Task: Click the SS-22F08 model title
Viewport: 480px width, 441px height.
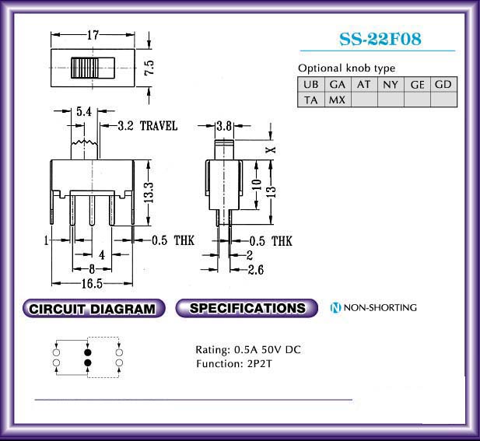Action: pyautogui.click(x=380, y=39)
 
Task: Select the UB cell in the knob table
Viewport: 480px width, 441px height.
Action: pyautogui.click(x=311, y=84)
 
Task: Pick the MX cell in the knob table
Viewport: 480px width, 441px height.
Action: pyautogui.click(x=338, y=100)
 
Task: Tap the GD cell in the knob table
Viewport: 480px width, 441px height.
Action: pyautogui.click(x=443, y=84)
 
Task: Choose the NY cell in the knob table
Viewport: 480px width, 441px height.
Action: pyautogui.click(x=391, y=84)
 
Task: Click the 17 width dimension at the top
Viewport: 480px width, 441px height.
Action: pyautogui.click(x=93, y=35)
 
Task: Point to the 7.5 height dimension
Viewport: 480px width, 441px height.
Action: pyautogui.click(x=149, y=68)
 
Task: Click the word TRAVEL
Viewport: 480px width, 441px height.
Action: pyautogui.click(x=159, y=126)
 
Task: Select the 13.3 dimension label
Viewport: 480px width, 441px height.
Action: pyautogui.click(x=149, y=192)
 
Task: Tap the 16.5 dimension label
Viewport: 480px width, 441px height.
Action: pyautogui.click(x=92, y=284)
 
